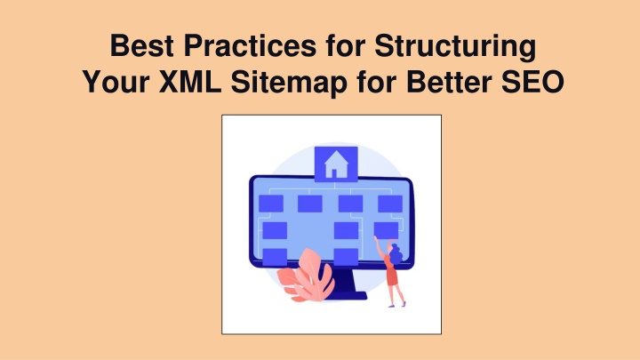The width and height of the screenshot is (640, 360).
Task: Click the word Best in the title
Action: (142, 45)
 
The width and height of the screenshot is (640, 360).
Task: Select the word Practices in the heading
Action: (250, 45)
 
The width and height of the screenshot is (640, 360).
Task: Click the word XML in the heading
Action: (190, 82)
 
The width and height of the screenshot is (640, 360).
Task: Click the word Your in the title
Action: (116, 82)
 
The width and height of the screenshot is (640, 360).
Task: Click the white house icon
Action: (336, 164)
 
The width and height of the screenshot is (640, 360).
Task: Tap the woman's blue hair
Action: (395, 255)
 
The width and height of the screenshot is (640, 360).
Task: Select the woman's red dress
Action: (391, 273)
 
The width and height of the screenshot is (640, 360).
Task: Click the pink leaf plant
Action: (307, 276)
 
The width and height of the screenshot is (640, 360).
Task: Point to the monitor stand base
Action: (345, 295)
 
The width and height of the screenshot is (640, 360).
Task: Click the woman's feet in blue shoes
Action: (396, 305)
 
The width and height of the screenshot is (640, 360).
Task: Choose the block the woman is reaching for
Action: (386, 230)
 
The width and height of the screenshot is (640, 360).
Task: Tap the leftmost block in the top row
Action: (271, 204)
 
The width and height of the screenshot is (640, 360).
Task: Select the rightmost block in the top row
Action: (390, 204)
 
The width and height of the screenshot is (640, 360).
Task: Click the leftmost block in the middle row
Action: (275, 230)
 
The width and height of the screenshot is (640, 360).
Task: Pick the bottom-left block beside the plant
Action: (275, 257)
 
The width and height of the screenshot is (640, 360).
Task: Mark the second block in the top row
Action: (310, 204)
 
